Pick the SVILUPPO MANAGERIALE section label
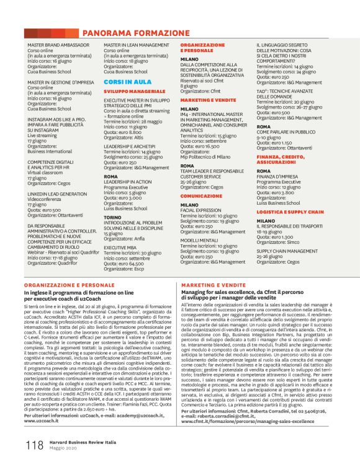tap(130, 91)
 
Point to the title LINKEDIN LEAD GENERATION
tap(57, 193)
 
